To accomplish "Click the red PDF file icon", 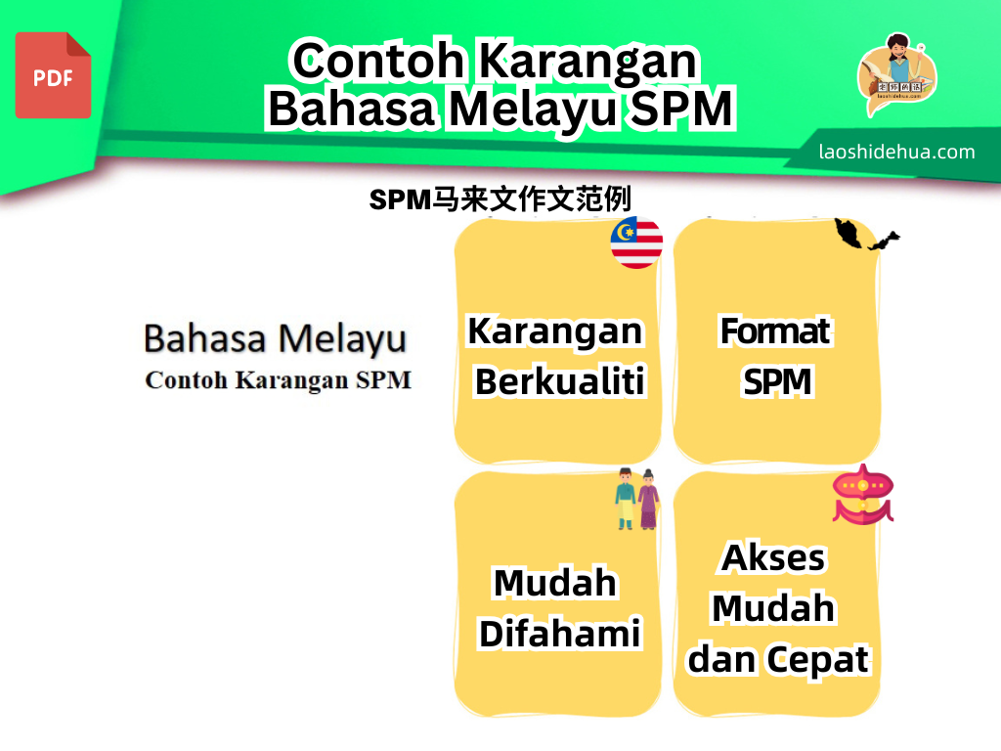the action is click(53, 75).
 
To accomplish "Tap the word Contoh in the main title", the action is click(378, 61).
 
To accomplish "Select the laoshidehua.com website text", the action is click(896, 152).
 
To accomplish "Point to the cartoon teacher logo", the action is click(896, 73).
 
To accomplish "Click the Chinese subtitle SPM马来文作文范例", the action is click(500, 199).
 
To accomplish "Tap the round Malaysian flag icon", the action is click(636, 243).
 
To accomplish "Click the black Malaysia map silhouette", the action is click(866, 235).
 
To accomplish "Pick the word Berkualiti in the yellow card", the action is click(560, 382).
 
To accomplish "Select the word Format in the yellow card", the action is click(775, 331).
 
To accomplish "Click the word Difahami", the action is click(560, 634).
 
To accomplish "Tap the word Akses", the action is click(773, 557).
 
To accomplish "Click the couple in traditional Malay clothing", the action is click(636, 500).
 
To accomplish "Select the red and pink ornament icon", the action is click(862, 495).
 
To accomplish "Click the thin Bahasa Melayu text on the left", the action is click(275, 339).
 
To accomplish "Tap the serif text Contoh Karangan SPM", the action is click(278, 380).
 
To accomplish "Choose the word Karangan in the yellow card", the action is click(555, 332).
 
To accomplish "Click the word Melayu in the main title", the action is click(534, 110).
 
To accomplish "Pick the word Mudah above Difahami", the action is click(555, 583).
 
